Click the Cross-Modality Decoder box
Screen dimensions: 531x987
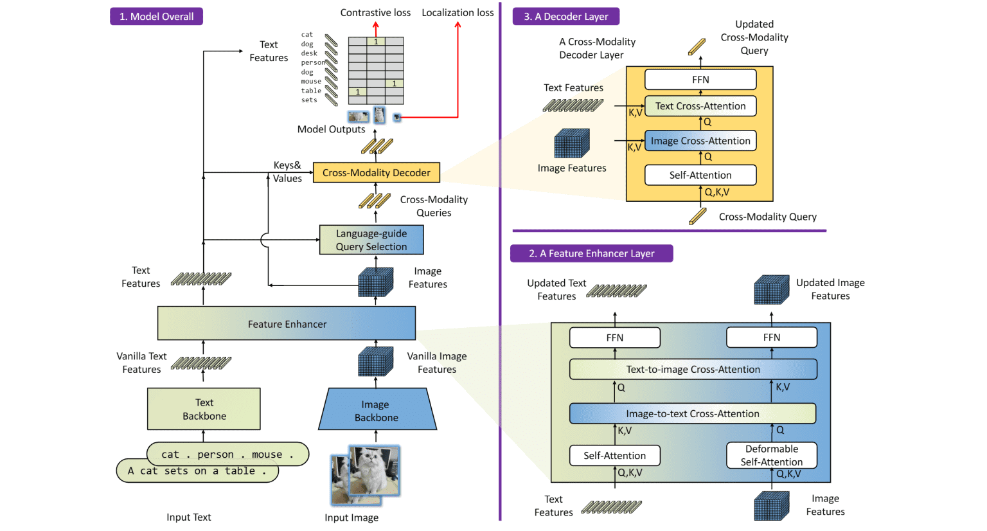(x=377, y=173)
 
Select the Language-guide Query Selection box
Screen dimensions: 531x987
(x=371, y=240)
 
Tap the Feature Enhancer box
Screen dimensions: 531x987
(x=287, y=323)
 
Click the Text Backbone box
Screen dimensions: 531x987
(x=204, y=409)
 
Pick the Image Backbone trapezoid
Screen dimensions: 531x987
(x=377, y=410)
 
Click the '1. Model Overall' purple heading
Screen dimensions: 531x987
(x=156, y=17)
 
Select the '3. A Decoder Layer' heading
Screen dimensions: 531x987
(x=566, y=17)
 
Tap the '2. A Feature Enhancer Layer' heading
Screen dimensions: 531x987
(x=591, y=253)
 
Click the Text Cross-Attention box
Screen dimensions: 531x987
(x=700, y=106)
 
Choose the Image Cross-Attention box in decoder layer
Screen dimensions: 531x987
(x=700, y=141)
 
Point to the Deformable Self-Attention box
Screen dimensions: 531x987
(x=771, y=455)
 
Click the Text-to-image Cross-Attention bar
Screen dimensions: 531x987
(x=693, y=369)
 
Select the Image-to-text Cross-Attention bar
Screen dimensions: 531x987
(x=693, y=413)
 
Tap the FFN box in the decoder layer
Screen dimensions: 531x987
(x=700, y=80)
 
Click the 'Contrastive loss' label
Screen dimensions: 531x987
(x=375, y=13)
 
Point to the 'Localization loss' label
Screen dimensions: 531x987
(x=458, y=13)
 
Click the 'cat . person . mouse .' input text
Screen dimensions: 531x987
(x=227, y=454)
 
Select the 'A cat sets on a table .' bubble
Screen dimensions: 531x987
(x=197, y=471)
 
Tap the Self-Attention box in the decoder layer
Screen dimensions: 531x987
(x=700, y=175)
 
